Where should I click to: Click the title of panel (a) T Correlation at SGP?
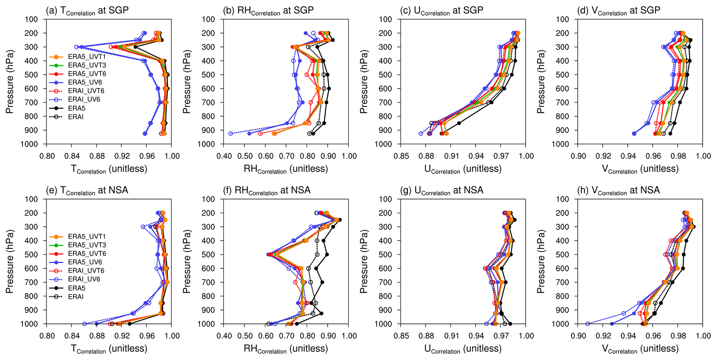(x=87, y=11)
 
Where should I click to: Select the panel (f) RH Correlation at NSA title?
(x=272, y=190)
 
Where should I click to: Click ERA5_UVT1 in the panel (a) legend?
(x=87, y=57)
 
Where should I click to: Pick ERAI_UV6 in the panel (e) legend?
(x=84, y=279)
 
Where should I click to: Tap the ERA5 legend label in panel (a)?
(x=76, y=108)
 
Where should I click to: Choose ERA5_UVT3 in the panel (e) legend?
(x=87, y=245)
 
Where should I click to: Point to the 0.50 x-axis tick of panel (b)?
(x=245, y=156)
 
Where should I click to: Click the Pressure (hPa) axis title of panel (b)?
(x=187, y=82)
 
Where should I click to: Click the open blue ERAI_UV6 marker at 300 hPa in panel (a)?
(x=77, y=47)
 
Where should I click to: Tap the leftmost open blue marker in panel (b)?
(x=230, y=134)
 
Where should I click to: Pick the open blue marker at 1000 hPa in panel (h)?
(x=588, y=324)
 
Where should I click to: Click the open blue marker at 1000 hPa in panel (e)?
(x=85, y=324)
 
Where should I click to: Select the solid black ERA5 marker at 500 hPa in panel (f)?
(x=327, y=255)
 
